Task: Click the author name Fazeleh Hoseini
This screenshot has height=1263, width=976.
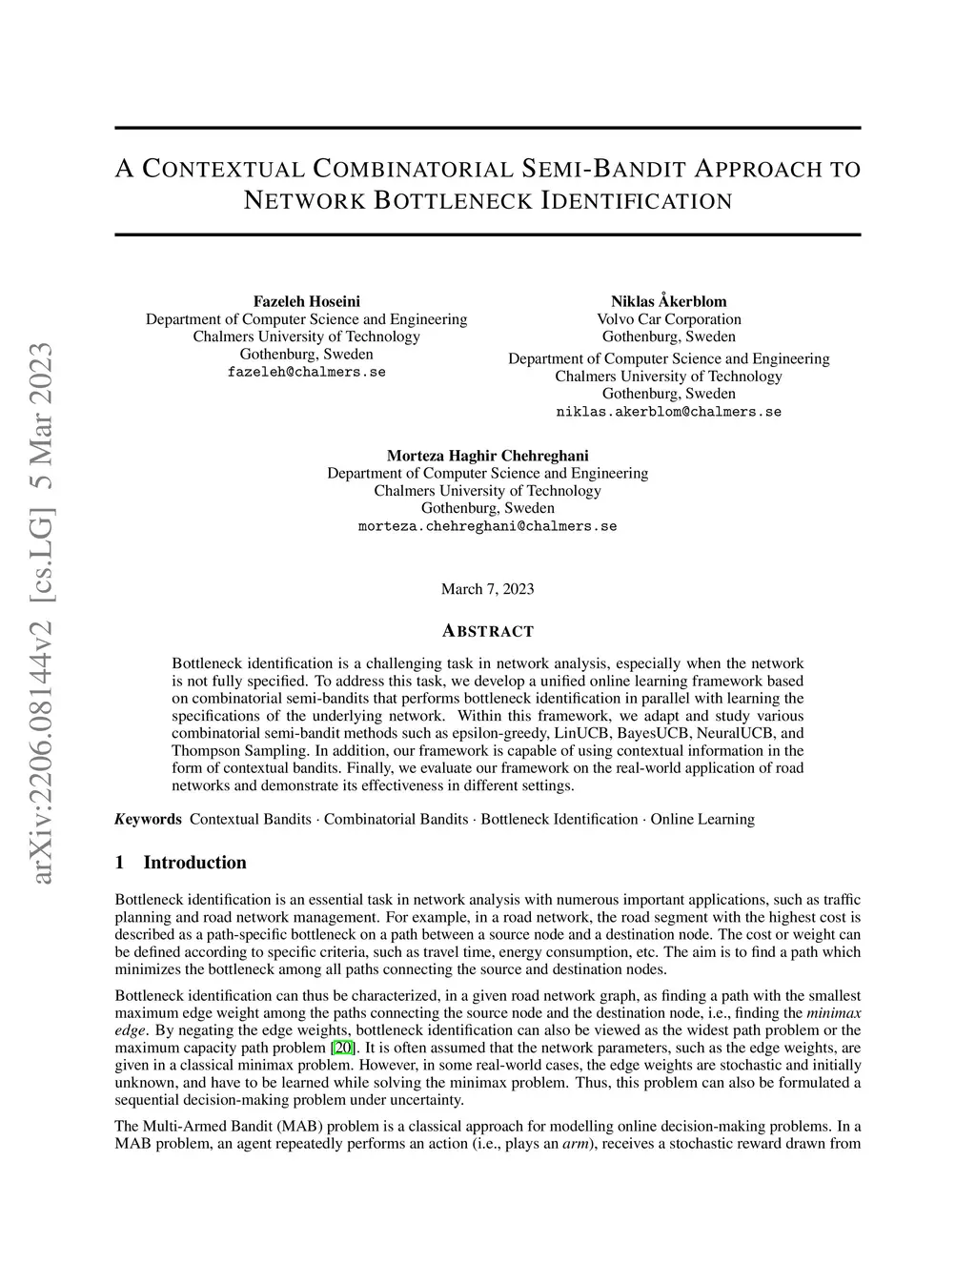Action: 306,301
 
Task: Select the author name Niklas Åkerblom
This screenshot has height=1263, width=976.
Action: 668,301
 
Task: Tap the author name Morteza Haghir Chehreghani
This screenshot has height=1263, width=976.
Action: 487,456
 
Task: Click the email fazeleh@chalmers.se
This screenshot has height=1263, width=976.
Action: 306,372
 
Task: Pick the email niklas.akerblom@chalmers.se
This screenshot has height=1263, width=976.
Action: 668,412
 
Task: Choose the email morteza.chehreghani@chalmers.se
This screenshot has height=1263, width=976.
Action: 487,526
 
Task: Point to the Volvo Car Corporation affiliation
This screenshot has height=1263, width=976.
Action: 668,319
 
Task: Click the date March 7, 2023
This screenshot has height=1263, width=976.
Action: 487,589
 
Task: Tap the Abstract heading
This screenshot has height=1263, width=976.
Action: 488,631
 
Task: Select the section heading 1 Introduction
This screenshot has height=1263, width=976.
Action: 180,863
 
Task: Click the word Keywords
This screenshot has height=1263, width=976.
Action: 148,819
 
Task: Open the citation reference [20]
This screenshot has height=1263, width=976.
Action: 342,1049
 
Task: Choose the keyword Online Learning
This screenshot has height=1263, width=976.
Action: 702,819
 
